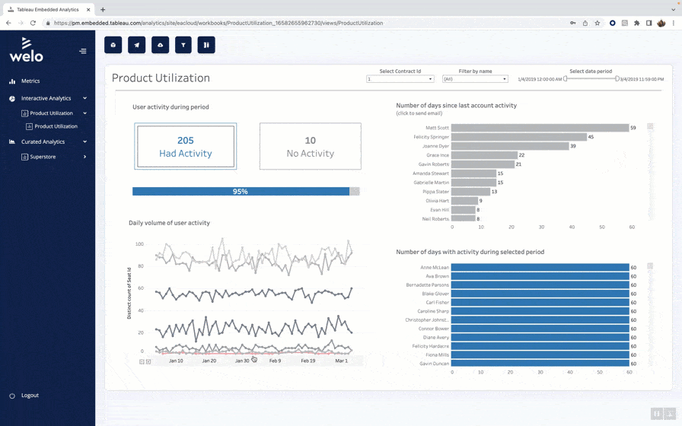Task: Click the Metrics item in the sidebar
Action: (x=30, y=81)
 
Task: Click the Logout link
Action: (x=30, y=396)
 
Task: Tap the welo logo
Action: (x=26, y=49)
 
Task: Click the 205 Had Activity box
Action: (x=185, y=147)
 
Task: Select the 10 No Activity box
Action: (x=310, y=147)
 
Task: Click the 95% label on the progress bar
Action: (x=240, y=192)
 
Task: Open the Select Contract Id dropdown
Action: (x=400, y=79)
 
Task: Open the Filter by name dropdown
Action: (x=475, y=79)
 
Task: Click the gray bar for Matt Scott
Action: (x=540, y=128)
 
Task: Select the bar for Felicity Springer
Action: (x=518, y=137)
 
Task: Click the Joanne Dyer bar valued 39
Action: (x=510, y=146)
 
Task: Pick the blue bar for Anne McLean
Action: (x=540, y=267)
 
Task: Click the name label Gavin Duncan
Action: (x=434, y=364)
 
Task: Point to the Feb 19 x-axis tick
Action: (x=308, y=361)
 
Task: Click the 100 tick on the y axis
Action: (x=139, y=244)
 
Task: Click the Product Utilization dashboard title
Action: (x=161, y=78)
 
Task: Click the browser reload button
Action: (x=33, y=23)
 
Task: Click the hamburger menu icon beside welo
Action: (x=83, y=52)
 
